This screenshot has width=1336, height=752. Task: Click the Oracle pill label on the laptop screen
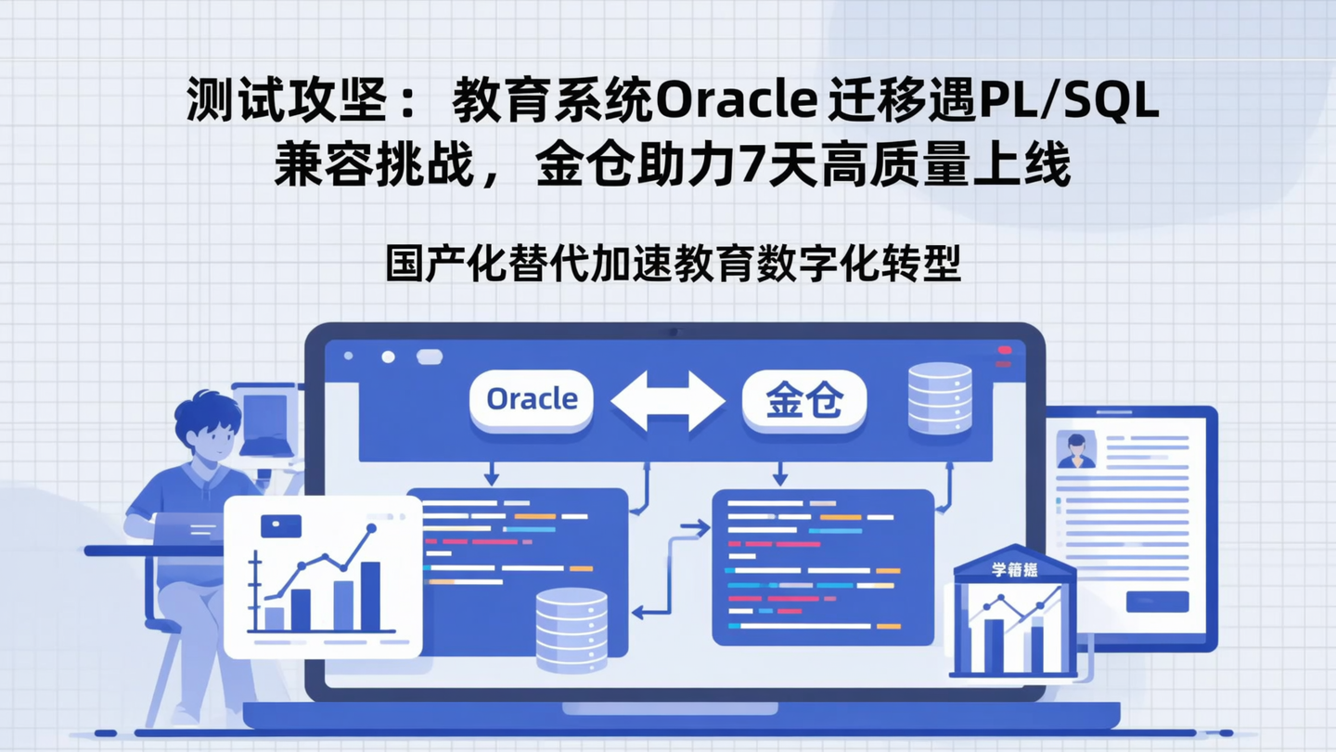coord(531,399)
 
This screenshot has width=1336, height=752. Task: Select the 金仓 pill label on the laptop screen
coord(803,400)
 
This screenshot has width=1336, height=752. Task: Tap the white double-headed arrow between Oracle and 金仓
coord(668,401)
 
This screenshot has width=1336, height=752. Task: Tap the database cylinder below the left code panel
coord(572,629)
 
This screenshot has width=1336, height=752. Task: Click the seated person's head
coord(209,428)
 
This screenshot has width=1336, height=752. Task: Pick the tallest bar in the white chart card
coord(370,595)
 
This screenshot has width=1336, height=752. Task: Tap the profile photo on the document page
coord(1075,449)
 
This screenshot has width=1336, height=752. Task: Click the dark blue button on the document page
coord(1157,602)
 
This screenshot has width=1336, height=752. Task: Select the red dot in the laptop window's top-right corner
coord(1004,350)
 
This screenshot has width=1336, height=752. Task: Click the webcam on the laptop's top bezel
coord(674,331)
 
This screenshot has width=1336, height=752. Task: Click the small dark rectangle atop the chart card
coord(281,525)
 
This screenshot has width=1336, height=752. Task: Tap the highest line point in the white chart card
coord(372,528)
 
